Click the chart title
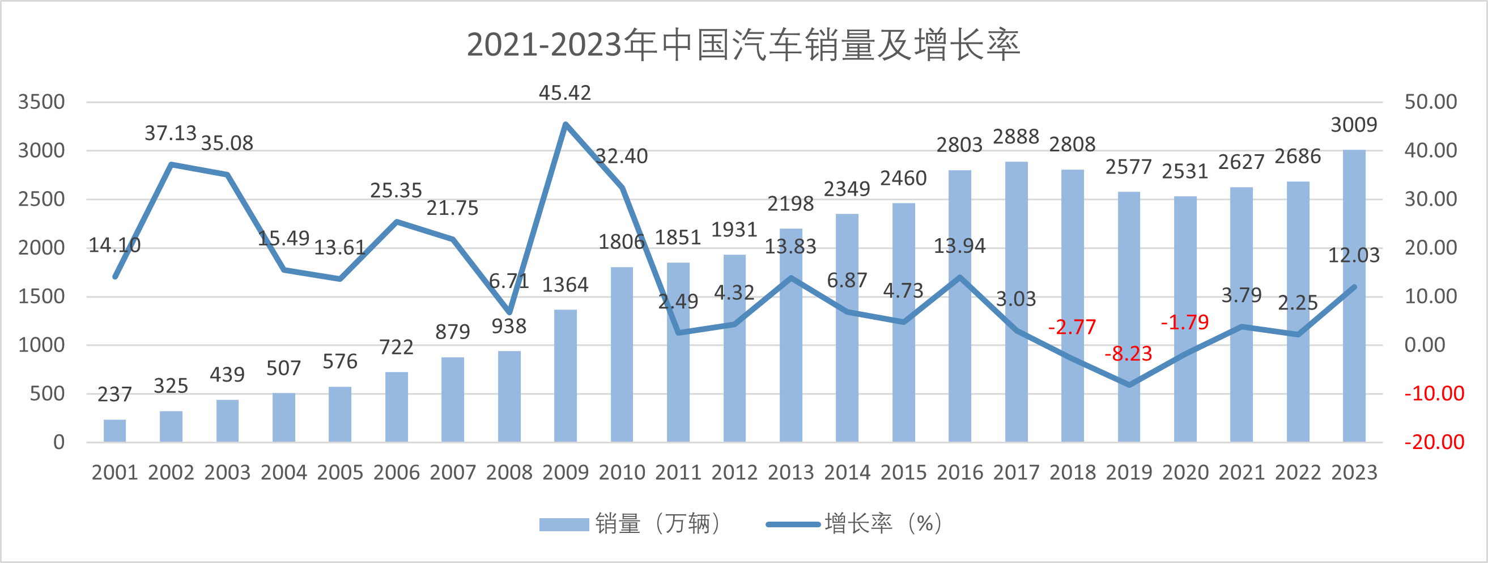pos(743,45)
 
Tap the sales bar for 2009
pos(565,376)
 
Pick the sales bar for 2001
pos(114,431)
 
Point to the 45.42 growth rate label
pos(565,93)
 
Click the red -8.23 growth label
pos(1128,353)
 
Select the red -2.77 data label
pos(1072,327)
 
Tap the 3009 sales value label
pos(1354,125)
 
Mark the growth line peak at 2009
pos(565,124)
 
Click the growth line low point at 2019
pos(1129,384)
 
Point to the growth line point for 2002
pos(171,164)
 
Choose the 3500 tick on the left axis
pos(41,101)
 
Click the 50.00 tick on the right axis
pos(1430,101)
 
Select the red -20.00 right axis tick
pos(1434,442)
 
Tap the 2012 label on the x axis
pos(734,473)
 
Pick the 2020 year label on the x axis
pos(1185,473)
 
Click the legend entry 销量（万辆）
pos(630,524)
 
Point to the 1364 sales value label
pos(565,285)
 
